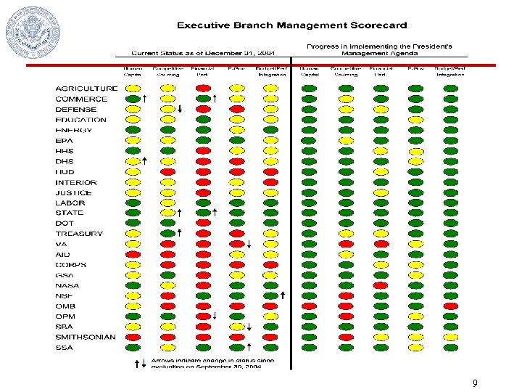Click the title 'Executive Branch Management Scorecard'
291,25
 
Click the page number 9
475,383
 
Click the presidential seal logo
33,33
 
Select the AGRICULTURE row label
86,89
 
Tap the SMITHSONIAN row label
85,337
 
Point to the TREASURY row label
79,234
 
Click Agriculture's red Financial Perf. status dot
203,89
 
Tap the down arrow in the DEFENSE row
179,110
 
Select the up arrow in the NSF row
282,295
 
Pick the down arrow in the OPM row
215,316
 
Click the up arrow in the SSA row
249,347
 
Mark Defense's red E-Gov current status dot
236,109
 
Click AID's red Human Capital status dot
133,255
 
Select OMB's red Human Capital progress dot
309,306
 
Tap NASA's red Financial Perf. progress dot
380,285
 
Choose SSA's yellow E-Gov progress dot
415,348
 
